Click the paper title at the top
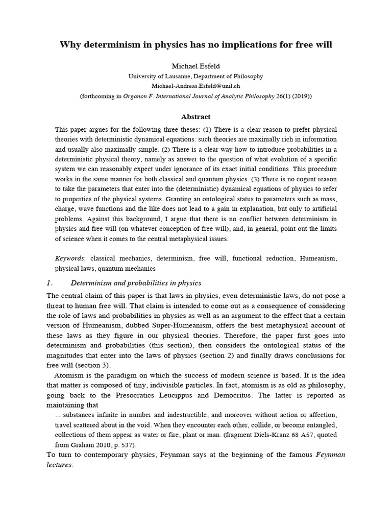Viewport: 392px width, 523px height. coord(196,45)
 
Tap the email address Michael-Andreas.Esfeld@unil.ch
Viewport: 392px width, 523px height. coord(196,85)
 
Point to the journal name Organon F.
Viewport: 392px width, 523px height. coord(137,96)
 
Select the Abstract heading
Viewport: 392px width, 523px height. coord(196,116)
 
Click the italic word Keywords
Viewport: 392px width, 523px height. coord(69,259)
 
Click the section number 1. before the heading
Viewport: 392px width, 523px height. coord(50,283)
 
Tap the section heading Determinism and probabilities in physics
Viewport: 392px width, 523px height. coord(136,283)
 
